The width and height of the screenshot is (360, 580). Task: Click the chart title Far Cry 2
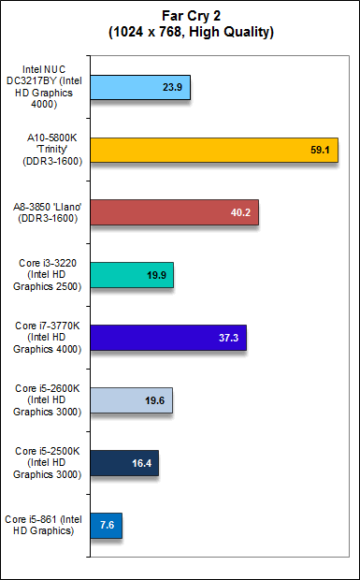point(180,16)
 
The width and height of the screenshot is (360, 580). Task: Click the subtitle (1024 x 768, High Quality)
point(180,31)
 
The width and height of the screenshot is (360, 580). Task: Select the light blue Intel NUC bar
point(140,93)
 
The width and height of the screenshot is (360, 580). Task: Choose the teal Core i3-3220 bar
point(132,275)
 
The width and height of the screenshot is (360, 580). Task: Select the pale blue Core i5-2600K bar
point(131,400)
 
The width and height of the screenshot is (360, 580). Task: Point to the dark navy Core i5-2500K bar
point(123,462)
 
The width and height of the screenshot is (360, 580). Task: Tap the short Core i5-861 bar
point(106,524)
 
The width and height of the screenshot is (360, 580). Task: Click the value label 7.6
point(106,525)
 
